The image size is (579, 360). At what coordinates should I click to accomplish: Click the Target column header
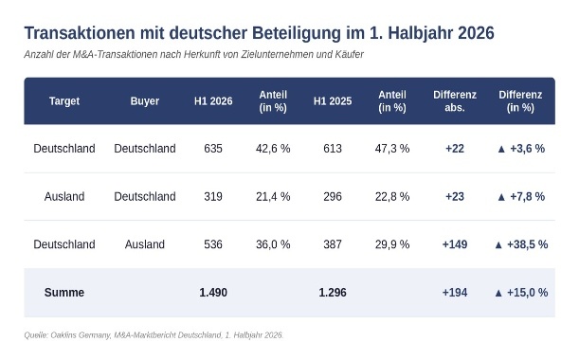(64, 101)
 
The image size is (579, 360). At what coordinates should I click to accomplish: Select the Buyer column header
(145, 101)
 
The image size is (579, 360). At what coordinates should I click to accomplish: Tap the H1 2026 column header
(213, 101)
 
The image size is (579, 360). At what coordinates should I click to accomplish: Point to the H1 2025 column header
(333, 101)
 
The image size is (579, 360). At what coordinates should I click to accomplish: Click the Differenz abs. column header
(455, 100)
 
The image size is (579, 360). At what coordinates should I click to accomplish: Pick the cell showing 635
(213, 149)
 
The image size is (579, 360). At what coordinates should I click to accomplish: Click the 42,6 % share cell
(273, 149)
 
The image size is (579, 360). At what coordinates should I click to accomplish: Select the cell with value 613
(333, 149)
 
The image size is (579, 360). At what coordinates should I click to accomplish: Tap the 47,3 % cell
(392, 149)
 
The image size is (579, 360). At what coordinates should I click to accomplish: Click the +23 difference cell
(455, 196)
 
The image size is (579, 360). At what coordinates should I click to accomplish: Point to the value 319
(213, 196)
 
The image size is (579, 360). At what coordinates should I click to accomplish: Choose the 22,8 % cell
(392, 196)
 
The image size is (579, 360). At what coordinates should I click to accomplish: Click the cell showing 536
(213, 244)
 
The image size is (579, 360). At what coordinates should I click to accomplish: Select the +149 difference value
(455, 244)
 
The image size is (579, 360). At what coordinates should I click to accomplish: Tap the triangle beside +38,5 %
(498, 244)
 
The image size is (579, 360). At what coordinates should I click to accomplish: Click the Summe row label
(64, 293)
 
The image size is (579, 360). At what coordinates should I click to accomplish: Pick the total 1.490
(213, 293)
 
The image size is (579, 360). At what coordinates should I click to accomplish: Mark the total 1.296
(333, 293)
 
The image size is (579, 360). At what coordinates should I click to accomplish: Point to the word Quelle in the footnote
(36, 335)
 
